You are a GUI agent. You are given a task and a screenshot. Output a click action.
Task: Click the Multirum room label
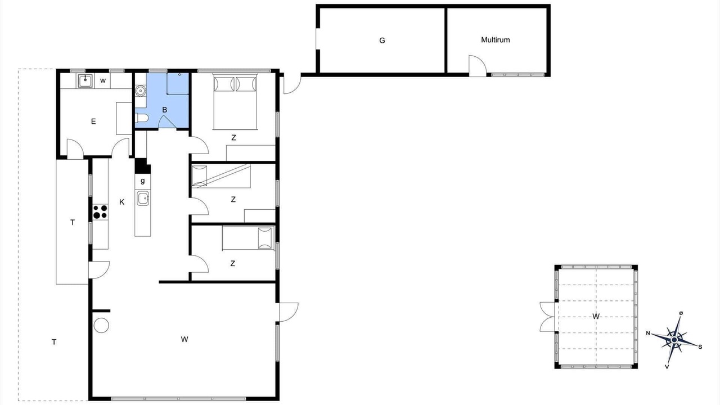pos(496,40)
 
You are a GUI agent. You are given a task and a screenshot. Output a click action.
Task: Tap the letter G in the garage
pos(382,40)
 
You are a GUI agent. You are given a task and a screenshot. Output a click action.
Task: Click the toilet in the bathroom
pos(142,118)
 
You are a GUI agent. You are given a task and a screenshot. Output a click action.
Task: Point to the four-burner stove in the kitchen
pos(100,212)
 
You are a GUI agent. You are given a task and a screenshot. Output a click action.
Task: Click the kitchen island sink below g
pos(143,199)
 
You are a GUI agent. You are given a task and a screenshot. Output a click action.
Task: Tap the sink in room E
pos(85,80)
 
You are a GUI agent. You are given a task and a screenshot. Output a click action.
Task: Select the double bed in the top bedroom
pos(236,102)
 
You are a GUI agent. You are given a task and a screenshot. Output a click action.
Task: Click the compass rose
pos(674,340)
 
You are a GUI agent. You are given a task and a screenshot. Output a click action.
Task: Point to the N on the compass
pos(649,333)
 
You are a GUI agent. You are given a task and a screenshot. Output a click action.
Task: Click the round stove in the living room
pos(101,325)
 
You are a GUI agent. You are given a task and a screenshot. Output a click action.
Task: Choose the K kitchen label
pos(122,202)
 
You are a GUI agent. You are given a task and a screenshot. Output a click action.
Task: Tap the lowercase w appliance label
pos(103,80)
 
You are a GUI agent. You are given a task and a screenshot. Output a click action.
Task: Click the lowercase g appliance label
pos(143,181)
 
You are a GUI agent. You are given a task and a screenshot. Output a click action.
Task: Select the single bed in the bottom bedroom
pos(248,238)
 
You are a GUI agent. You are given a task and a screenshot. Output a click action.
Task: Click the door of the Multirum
pos(478,66)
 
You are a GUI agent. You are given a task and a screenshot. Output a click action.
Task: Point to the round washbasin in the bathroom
pos(141,91)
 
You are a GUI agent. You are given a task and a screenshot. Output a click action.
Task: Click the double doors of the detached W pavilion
pos(547,317)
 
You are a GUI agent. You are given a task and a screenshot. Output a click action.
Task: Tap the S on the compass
pos(700,347)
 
